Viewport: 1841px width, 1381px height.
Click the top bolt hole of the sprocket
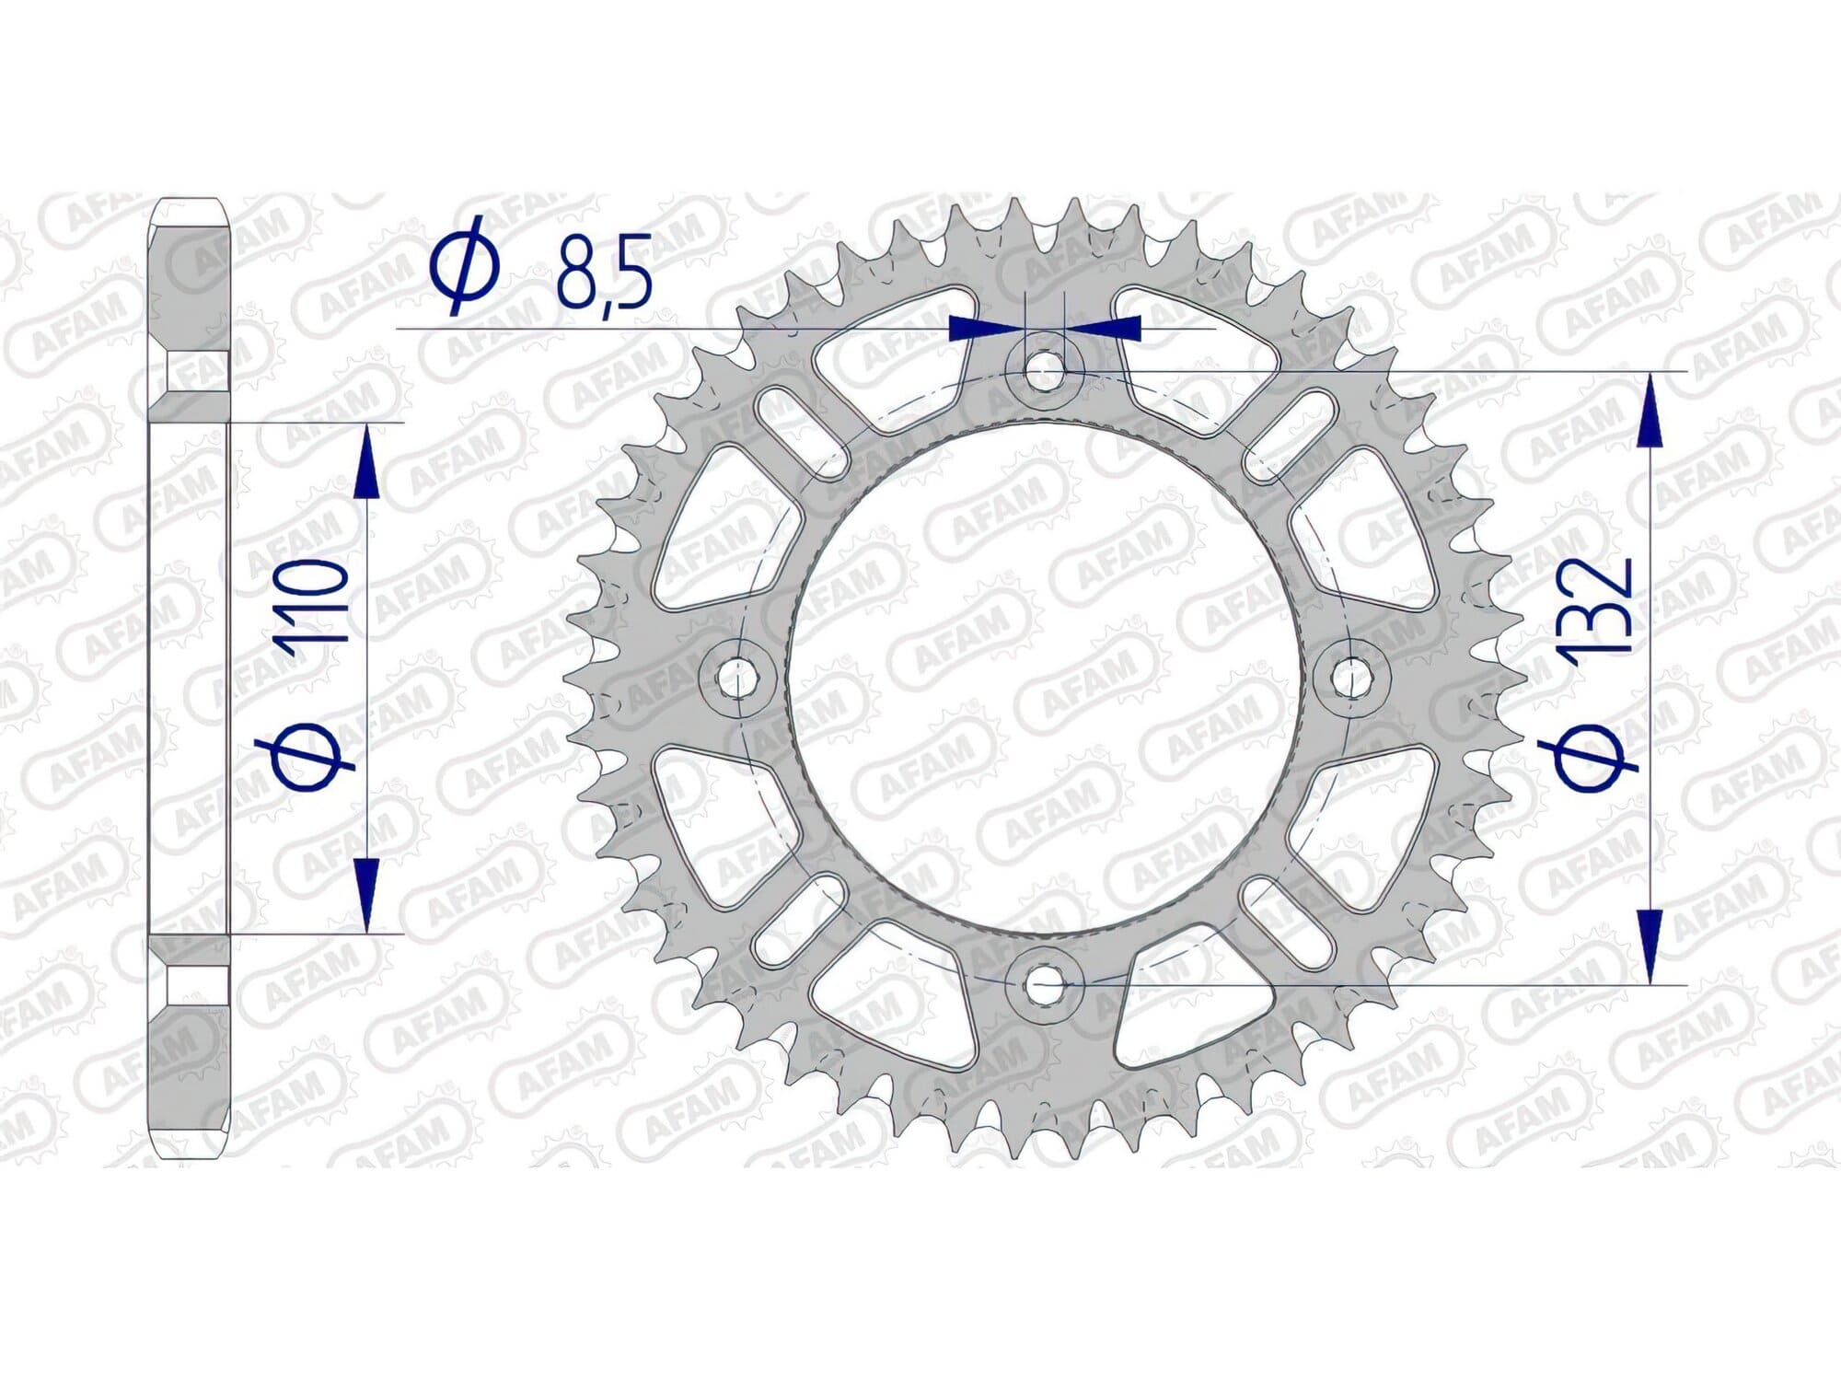click(x=1043, y=371)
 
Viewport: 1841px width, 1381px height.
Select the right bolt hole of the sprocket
click(x=1352, y=679)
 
